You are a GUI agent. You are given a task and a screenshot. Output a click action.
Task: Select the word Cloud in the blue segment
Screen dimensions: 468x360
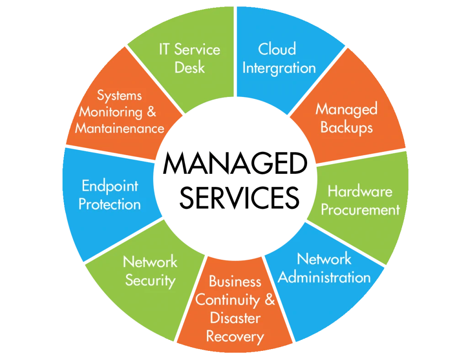pos(277,49)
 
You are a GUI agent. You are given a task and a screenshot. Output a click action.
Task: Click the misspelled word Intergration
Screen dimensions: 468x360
pos(279,68)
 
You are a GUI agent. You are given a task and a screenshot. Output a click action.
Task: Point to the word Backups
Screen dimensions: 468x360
pos(346,127)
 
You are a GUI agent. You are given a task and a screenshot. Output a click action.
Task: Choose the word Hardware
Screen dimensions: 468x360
pos(360,191)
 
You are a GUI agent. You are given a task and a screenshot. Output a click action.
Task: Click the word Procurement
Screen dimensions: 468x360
pos(360,210)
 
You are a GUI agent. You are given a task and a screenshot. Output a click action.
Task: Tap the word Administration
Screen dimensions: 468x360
pos(324,277)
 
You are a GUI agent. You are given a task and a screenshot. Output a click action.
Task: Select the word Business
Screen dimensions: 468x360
pos(235,281)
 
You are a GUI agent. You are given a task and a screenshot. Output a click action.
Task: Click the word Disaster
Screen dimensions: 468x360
pos(235,318)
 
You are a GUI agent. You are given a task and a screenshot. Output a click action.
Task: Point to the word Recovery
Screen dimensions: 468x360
pos(235,337)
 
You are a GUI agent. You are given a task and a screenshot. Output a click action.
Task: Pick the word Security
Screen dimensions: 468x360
pos(150,280)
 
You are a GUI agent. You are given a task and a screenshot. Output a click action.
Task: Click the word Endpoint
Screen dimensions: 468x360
pos(110,186)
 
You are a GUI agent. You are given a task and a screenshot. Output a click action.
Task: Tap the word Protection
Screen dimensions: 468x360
pos(110,204)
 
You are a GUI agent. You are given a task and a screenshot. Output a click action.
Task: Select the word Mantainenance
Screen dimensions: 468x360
pos(119,128)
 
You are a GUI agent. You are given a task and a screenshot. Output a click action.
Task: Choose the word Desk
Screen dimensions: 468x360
pos(190,68)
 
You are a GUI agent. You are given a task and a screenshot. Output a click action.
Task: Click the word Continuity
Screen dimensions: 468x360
pos(228,300)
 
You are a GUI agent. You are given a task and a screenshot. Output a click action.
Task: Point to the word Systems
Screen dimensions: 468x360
pos(119,96)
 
